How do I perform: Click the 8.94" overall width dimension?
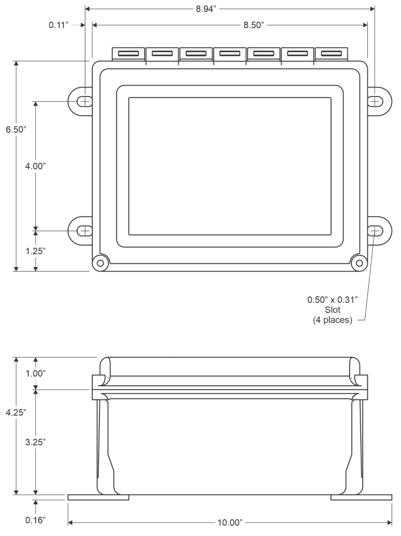coord(208,8)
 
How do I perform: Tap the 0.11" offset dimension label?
coord(59,25)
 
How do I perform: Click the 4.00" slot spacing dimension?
coord(36,166)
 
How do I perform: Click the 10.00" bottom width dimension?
coord(229,521)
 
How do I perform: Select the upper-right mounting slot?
coord(375,101)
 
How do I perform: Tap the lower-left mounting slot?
coord(84,230)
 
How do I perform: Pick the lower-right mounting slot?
coord(375,230)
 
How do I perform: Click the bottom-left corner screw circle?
coord(100,262)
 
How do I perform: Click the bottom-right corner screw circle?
coord(358,262)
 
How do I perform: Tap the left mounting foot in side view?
coord(98,497)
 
